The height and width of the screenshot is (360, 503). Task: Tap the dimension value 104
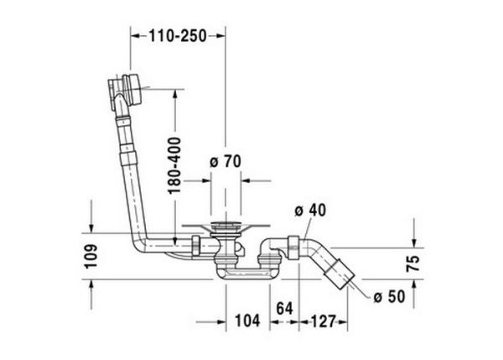click(246, 320)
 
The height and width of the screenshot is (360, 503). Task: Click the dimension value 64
click(283, 310)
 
